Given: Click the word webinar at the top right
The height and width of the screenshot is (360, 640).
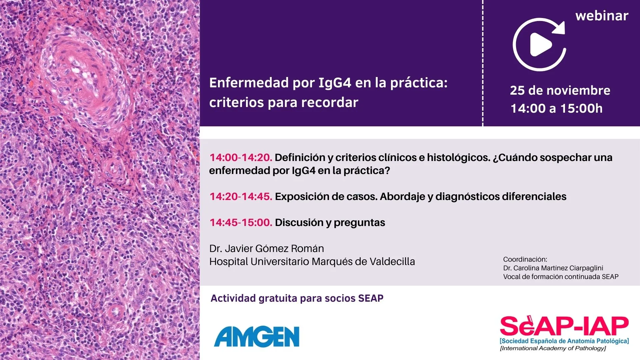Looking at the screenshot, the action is [x=602, y=16].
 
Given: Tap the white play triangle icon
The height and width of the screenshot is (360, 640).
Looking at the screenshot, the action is [x=540, y=45].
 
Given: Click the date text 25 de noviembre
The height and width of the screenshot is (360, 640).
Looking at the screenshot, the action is [x=560, y=90].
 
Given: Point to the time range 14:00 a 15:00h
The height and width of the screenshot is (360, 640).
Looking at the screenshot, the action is [x=557, y=108].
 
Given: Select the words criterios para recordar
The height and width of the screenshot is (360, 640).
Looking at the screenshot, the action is [x=284, y=102].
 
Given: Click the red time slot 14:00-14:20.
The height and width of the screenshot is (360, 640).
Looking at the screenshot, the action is [x=241, y=157].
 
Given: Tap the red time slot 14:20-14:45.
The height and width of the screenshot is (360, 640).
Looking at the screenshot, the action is [x=241, y=196].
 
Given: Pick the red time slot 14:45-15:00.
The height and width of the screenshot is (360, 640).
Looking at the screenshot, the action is [x=241, y=222].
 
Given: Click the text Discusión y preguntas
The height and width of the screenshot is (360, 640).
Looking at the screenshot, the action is [x=330, y=223].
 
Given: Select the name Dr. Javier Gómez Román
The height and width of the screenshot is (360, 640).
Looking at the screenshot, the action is [x=267, y=249].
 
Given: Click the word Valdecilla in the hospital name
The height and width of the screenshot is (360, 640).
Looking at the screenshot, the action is [x=392, y=262].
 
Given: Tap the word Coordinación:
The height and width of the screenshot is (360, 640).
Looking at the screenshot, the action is [x=525, y=259].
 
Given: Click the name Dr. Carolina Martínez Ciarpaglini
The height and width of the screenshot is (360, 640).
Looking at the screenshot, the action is [x=553, y=268].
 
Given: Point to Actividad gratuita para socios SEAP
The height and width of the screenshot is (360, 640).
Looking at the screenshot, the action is [x=297, y=298].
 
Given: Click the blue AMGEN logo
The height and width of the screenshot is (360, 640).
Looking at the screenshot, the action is [x=257, y=337].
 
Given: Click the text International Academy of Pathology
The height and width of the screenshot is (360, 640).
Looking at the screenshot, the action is [x=553, y=348].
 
